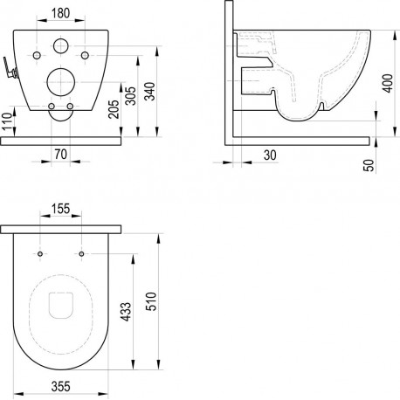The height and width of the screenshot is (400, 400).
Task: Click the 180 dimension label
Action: pos(61,13)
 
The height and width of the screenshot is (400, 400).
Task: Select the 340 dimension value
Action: pos(150,91)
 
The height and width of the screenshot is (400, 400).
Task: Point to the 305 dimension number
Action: pos(130,95)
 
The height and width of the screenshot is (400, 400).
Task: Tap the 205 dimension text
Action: pos(114,109)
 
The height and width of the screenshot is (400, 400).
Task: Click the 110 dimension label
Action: pos(8,121)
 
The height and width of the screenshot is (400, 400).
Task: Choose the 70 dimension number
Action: pos(60,154)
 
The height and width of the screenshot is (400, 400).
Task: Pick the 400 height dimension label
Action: pos(388,83)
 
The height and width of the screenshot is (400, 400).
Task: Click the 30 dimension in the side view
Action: pos(270,155)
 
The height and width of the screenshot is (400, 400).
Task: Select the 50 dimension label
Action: pos(369,165)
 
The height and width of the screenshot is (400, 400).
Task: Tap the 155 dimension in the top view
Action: pos(61,209)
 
